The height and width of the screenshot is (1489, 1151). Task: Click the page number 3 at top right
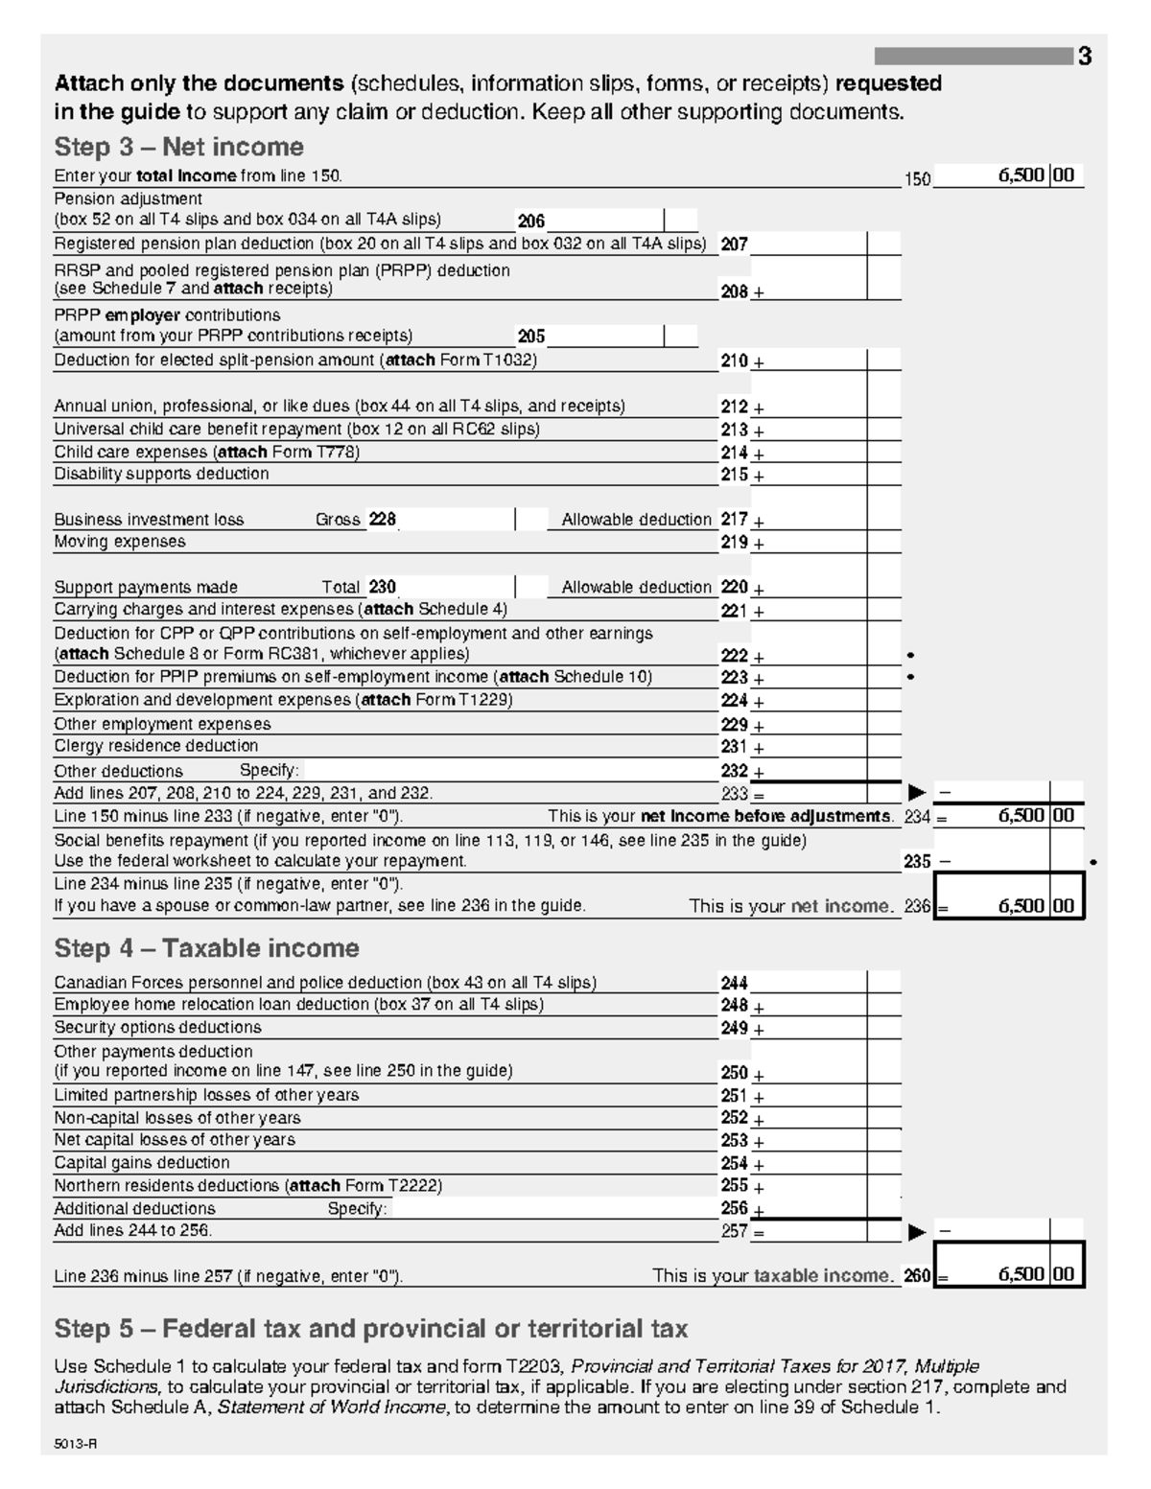point(1084,57)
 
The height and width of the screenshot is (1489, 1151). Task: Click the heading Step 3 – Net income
point(178,147)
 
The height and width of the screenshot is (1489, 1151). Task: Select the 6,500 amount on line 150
point(1021,175)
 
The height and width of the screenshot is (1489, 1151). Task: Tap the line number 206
point(531,221)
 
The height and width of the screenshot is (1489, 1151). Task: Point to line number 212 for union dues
point(734,407)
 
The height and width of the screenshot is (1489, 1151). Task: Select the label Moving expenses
point(120,542)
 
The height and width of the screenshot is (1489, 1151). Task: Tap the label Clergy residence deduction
point(155,746)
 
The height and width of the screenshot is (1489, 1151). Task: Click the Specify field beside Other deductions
point(508,771)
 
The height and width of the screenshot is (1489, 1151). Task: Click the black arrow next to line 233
point(917,793)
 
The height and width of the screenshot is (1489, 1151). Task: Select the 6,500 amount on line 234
point(1021,816)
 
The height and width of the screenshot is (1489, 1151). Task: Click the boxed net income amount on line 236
point(1021,906)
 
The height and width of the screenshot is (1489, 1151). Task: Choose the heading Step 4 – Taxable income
point(206,948)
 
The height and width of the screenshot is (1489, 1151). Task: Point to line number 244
point(734,983)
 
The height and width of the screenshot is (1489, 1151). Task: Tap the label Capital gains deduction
point(141,1163)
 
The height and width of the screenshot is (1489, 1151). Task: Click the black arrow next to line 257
point(917,1231)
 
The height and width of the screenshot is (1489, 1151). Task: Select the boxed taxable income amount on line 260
point(1021,1274)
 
